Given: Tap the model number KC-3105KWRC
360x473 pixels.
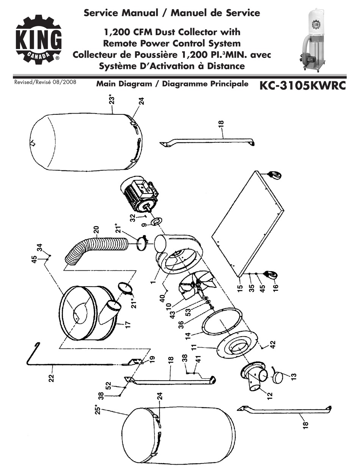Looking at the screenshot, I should click(302, 86).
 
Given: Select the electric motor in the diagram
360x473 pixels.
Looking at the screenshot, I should click(139, 195).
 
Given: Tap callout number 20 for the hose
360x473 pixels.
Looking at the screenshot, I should click(96, 231).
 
